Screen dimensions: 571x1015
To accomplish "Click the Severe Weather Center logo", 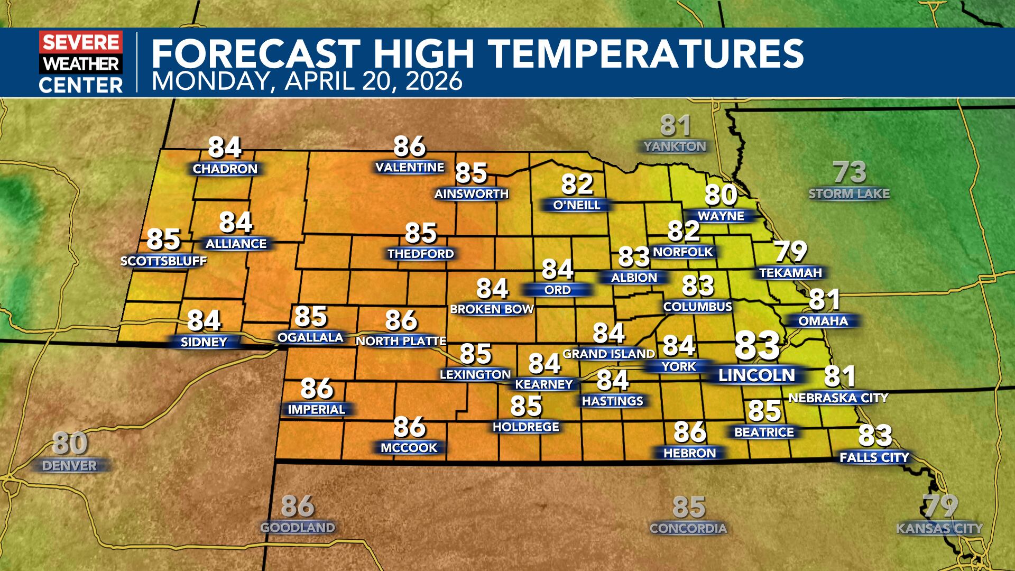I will click(x=81, y=62).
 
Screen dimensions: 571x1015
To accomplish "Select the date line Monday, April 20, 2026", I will click(x=307, y=82).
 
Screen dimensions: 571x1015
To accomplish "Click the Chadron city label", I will click(x=225, y=169).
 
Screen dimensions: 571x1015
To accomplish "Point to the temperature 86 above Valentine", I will click(x=410, y=146).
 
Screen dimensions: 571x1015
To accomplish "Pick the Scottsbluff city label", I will click(x=163, y=261).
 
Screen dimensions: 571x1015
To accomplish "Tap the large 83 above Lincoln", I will click(x=757, y=346).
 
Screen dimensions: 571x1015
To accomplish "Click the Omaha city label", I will click(x=823, y=321).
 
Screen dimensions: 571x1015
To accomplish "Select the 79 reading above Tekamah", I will click(x=791, y=252).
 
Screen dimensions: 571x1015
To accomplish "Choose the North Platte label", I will click(x=401, y=342).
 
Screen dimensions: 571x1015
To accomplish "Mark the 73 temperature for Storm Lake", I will click(x=850, y=172).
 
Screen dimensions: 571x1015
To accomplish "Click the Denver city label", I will click(x=70, y=466).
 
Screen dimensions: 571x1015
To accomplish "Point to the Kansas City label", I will click(x=939, y=528).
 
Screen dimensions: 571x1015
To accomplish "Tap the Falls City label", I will click(x=874, y=457).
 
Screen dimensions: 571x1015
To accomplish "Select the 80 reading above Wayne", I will click(x=721, y=195).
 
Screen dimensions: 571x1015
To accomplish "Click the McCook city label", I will click(x=409, y=448).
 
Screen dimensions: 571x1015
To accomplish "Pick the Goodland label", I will click(x=298, y=528).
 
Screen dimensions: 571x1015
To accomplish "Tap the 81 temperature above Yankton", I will click(x=676, y=126).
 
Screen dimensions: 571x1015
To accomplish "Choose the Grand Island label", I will click(x=609, y=354).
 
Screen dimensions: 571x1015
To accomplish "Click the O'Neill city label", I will click(x=577, y=205).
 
